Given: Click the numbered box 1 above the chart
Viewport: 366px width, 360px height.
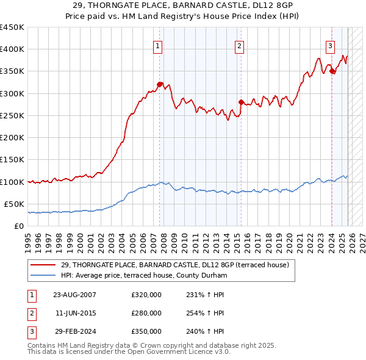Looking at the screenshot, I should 158,45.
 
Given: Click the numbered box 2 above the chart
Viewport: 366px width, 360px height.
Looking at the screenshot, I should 240,45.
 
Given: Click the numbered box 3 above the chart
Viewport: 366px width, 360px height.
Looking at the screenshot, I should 330,45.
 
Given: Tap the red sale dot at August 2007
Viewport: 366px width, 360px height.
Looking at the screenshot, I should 160,84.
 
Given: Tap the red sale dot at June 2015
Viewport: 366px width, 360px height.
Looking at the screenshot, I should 241,102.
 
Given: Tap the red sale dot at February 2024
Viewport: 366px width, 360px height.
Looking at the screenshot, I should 332,71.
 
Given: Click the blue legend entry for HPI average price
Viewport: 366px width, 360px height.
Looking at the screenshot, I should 143,276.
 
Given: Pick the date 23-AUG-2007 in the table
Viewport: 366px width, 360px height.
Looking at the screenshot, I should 74,295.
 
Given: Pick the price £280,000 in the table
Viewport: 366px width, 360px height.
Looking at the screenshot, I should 146,313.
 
